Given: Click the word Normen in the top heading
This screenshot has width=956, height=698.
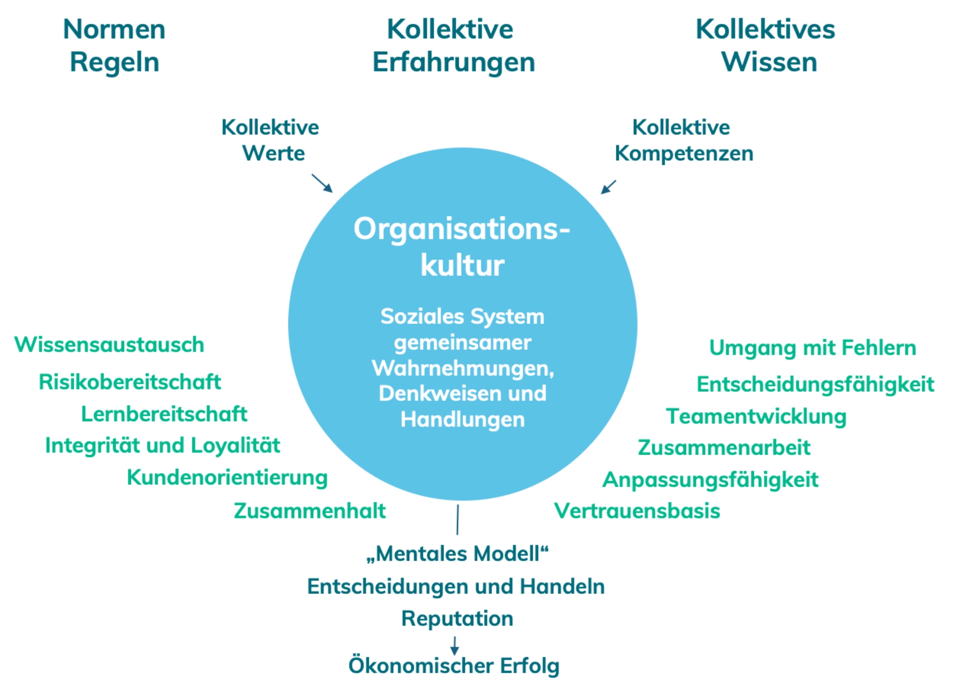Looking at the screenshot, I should (x=114, y=29).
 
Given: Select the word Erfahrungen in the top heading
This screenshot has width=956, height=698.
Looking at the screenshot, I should (x=454, y=63).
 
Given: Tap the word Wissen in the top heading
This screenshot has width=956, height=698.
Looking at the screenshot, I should (x=769, y=63).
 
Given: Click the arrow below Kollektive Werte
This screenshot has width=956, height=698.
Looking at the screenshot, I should (x=322, y=183).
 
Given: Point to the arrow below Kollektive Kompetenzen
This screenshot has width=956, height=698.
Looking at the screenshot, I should (x=608, y=187).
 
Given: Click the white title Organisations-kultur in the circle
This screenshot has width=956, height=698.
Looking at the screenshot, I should (x=462, y=246).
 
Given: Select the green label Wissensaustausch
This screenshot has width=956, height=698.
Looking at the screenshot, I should (x=109, y=345).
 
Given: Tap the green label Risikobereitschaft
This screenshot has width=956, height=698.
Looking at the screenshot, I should (x=129, y=382).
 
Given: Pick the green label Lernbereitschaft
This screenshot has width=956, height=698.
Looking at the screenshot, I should (x=164, y=414).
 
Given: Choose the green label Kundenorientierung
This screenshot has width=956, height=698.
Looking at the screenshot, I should (x=227, y=477).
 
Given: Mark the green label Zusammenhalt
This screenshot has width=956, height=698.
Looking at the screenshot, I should (x=309, y=511).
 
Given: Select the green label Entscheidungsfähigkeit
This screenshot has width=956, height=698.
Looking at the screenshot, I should (x=815, y=384).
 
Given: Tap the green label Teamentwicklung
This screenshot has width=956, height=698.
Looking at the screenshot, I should (x=756, y=416).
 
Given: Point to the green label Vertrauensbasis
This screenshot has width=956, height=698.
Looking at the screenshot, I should (x=637, y=511).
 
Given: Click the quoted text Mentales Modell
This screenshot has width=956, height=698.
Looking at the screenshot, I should (x=457, y=554).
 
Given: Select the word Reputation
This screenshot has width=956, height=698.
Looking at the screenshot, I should (x=457, y=618).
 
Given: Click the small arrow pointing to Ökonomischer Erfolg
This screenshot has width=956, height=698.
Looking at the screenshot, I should (x=454, y=645).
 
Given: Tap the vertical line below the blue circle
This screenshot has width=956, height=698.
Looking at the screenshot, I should (x=458, y=519).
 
